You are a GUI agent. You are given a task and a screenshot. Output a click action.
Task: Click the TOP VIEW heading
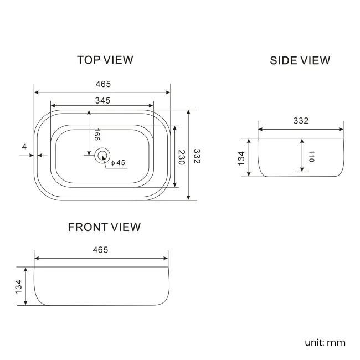105,60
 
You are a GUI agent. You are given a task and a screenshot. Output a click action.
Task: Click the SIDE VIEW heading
300,60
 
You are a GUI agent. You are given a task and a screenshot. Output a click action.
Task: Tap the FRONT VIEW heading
104,227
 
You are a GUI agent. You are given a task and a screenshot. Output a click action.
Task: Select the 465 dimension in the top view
103,84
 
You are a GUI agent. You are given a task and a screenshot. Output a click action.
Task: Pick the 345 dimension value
102,101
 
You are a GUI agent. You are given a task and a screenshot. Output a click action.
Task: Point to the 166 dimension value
97,135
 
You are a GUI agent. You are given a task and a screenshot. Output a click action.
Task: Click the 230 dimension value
182,157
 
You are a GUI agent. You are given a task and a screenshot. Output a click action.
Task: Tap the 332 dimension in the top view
197,156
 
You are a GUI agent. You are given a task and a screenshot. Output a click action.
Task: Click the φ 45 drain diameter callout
118,163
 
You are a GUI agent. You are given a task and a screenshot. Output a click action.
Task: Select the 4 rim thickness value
24,147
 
